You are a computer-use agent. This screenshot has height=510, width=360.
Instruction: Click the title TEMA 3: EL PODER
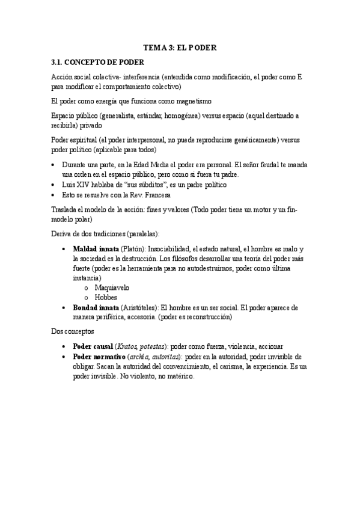180,47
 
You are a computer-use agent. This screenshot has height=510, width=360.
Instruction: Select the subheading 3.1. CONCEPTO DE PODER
98,62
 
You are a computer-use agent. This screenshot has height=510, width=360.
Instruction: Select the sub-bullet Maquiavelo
111,287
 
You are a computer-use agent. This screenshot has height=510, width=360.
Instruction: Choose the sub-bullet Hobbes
106,297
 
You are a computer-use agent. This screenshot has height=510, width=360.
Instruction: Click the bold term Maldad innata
96,249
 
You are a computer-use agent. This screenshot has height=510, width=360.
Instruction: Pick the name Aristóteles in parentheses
139,307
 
